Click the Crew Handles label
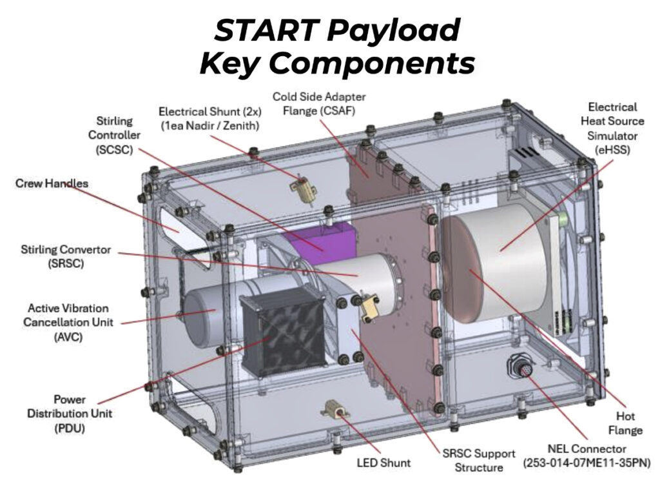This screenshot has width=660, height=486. pyautogui.click(x=52, y=183)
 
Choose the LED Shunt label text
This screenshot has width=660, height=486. pyautogui.click(x=383, y=462)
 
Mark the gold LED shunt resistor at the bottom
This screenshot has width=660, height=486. pyautogui.click(x=337, y=408)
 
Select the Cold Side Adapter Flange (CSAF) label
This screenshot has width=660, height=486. pyautogui.click(x=319, y=103)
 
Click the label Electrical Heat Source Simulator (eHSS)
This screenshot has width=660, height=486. pyautogui.click(x=612, y=128)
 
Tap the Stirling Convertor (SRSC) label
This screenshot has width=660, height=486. pyautogui.click(x=66, y=256)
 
